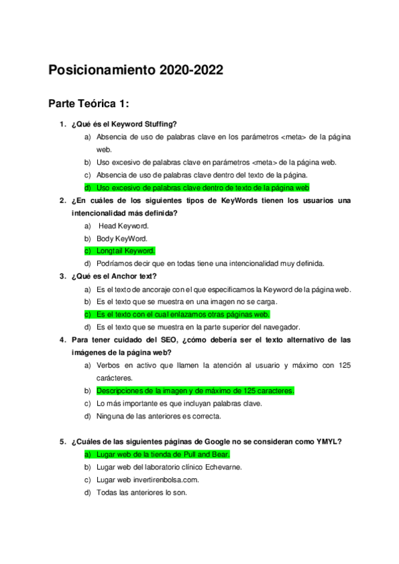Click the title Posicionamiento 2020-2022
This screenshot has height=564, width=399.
(x=136, y=70)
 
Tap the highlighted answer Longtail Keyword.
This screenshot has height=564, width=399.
(x=126, y=251)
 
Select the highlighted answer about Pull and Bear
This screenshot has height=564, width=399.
(x=163, y=454)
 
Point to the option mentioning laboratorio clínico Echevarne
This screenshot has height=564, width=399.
(x=169, y=467)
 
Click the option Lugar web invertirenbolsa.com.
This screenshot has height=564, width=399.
(x=148, y=480)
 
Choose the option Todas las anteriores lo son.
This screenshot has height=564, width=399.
(x=141, y=492)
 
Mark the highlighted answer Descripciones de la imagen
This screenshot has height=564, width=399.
(x=195, y=391)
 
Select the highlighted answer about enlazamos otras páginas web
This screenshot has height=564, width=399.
(x=183, y=314)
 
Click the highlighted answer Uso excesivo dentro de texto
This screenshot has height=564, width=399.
(x=202, y=188)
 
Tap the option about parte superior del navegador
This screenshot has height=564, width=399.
(x=198, y=327)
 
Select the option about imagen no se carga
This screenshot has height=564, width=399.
(x=179, y=301)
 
